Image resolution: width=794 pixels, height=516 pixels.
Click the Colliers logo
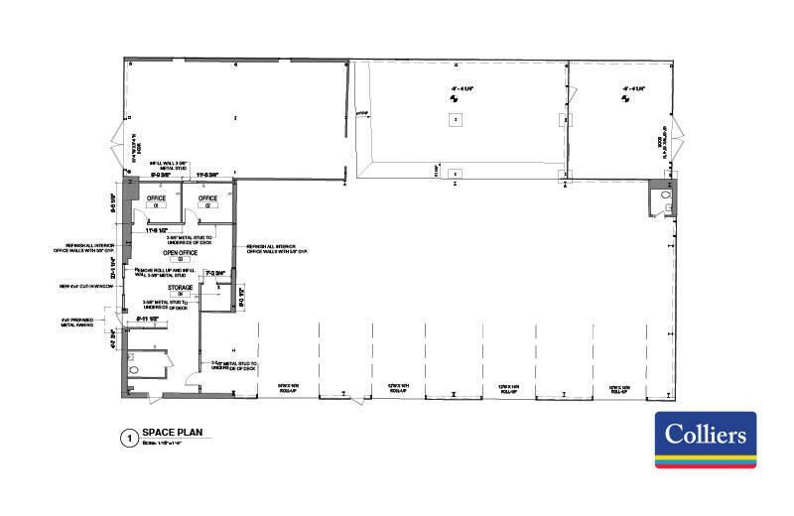(x=706, y=440)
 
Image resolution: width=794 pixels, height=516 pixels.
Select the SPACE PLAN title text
(x=174, y=433)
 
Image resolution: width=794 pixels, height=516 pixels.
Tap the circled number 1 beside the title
(x=126, y=437)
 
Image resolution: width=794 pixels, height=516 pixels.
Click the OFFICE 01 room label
(x=156, y=200)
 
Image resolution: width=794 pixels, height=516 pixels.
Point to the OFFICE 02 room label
(x=207, y=200)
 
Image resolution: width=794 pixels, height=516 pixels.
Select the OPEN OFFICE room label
(x=182, y=254)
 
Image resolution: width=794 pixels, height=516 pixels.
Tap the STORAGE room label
(x=180, y=289)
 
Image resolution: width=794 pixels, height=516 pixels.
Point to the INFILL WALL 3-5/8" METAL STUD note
(x=170, y=165)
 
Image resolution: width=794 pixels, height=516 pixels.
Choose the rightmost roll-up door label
(x=619, y=388)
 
